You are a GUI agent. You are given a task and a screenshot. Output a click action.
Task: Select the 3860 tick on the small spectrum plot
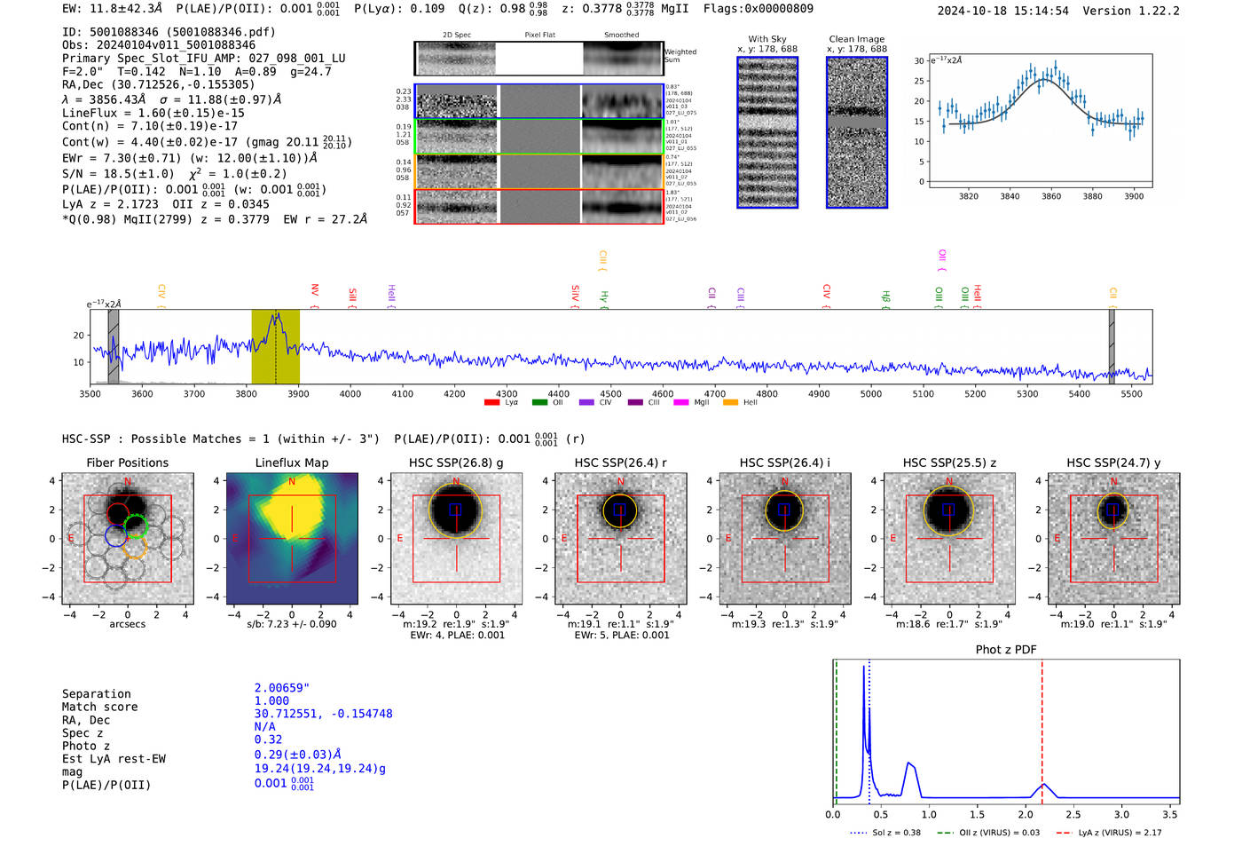tap(1051, 196)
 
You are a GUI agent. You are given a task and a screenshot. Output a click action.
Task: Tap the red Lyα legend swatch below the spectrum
tap(491, 403)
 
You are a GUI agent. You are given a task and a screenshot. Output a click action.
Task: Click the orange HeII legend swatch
tap(730, 403)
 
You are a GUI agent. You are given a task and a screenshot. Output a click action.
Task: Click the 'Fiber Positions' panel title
tap(127, 463)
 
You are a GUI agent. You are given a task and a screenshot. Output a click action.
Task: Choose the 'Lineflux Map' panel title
tap(292, 463)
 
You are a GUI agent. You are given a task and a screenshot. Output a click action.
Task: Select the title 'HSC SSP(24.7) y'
tap(1113, 463)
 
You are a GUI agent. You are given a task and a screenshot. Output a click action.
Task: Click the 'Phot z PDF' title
tap(1006, 650)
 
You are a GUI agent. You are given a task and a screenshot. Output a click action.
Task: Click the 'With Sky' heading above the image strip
tap(766, 39)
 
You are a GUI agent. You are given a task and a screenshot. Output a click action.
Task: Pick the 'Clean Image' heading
tap(856, 39)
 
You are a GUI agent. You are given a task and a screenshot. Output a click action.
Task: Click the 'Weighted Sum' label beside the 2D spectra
tap(680, 55)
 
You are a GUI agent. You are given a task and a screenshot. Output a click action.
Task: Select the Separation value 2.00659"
tap(282, 688)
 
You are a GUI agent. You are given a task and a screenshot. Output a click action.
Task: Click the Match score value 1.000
tap(271, 700)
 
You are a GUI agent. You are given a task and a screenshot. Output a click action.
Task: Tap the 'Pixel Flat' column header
tap(539, 36)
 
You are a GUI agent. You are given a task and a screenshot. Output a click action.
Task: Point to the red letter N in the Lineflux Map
tap(292, 482)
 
